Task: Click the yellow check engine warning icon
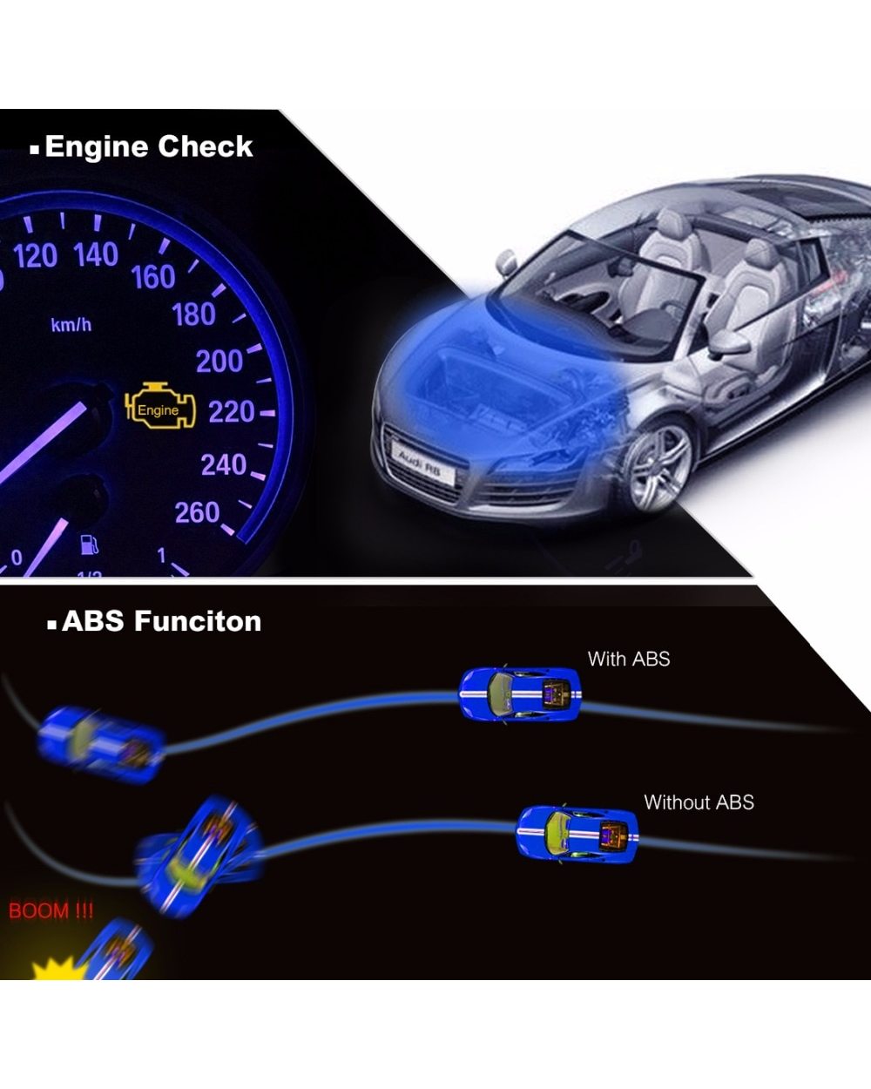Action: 161,408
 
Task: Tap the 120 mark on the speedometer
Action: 36,255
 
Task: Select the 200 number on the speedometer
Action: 219,361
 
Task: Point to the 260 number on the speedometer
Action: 198,512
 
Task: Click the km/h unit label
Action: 71,325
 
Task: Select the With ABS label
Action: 629,659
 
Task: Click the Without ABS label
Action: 699,802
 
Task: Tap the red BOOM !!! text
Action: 51,911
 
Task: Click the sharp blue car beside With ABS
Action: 519,694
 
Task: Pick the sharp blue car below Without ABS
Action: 577,834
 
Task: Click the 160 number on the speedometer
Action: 153,277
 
